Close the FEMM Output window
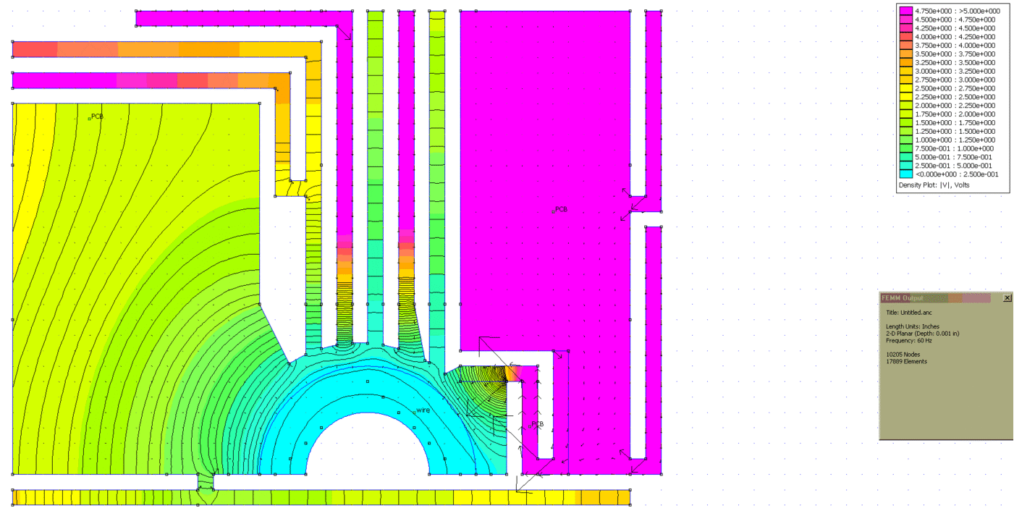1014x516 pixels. (x=1007, y=298)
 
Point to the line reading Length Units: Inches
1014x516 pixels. (x=913, y=326)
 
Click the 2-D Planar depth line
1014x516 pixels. (x=923, y=334)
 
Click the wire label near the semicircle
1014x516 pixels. (x=423, y=410)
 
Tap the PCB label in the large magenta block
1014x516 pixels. (x=561, y=209)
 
